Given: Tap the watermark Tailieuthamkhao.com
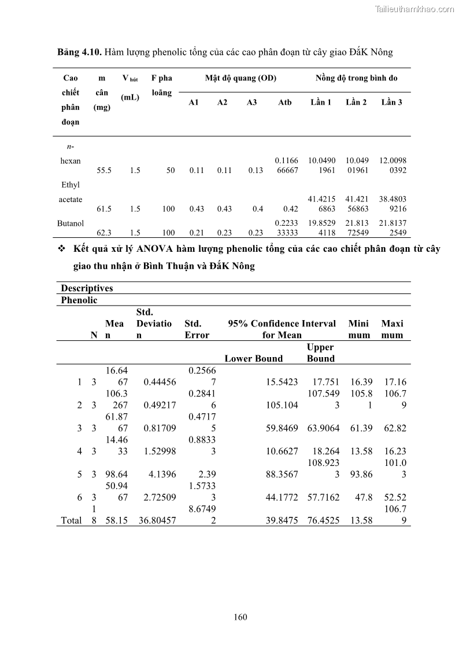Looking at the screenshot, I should pos(414,9).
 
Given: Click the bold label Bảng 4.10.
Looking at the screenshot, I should pos(79,52).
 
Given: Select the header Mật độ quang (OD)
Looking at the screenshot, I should pos(240,78).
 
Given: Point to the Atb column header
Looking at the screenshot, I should pos(285,102).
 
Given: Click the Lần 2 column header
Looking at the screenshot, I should pos(356,102).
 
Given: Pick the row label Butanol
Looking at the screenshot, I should pos(71,223).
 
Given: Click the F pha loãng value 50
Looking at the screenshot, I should pos(171,170).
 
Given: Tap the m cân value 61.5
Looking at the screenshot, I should pos(104,209).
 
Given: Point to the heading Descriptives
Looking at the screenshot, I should pos(87,288).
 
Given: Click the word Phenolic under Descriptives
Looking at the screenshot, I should pos(79,300).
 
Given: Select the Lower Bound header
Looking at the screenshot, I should pos(254,359).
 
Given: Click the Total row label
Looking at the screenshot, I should pos(71,521).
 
